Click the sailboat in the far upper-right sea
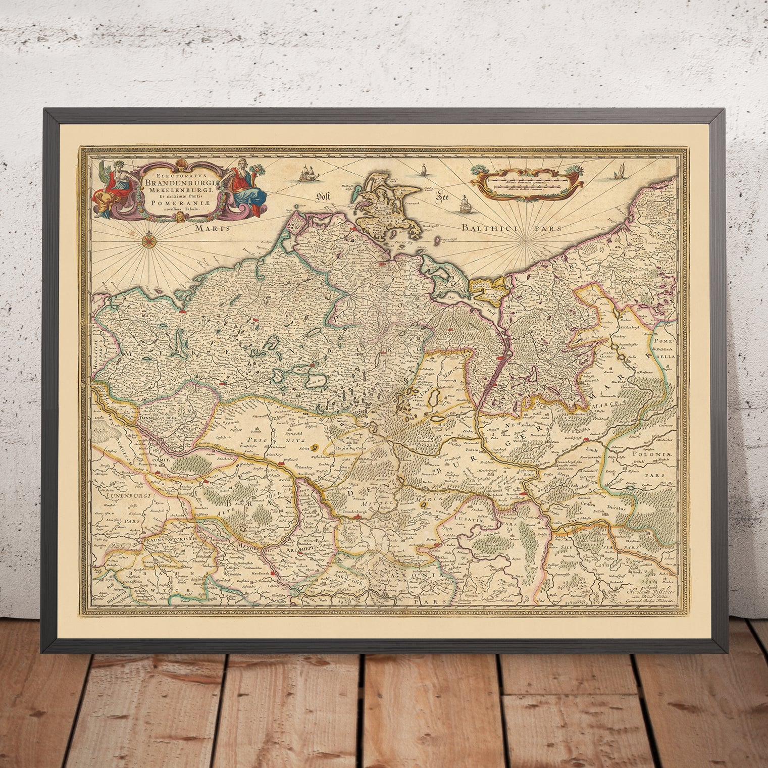coord(618,174)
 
